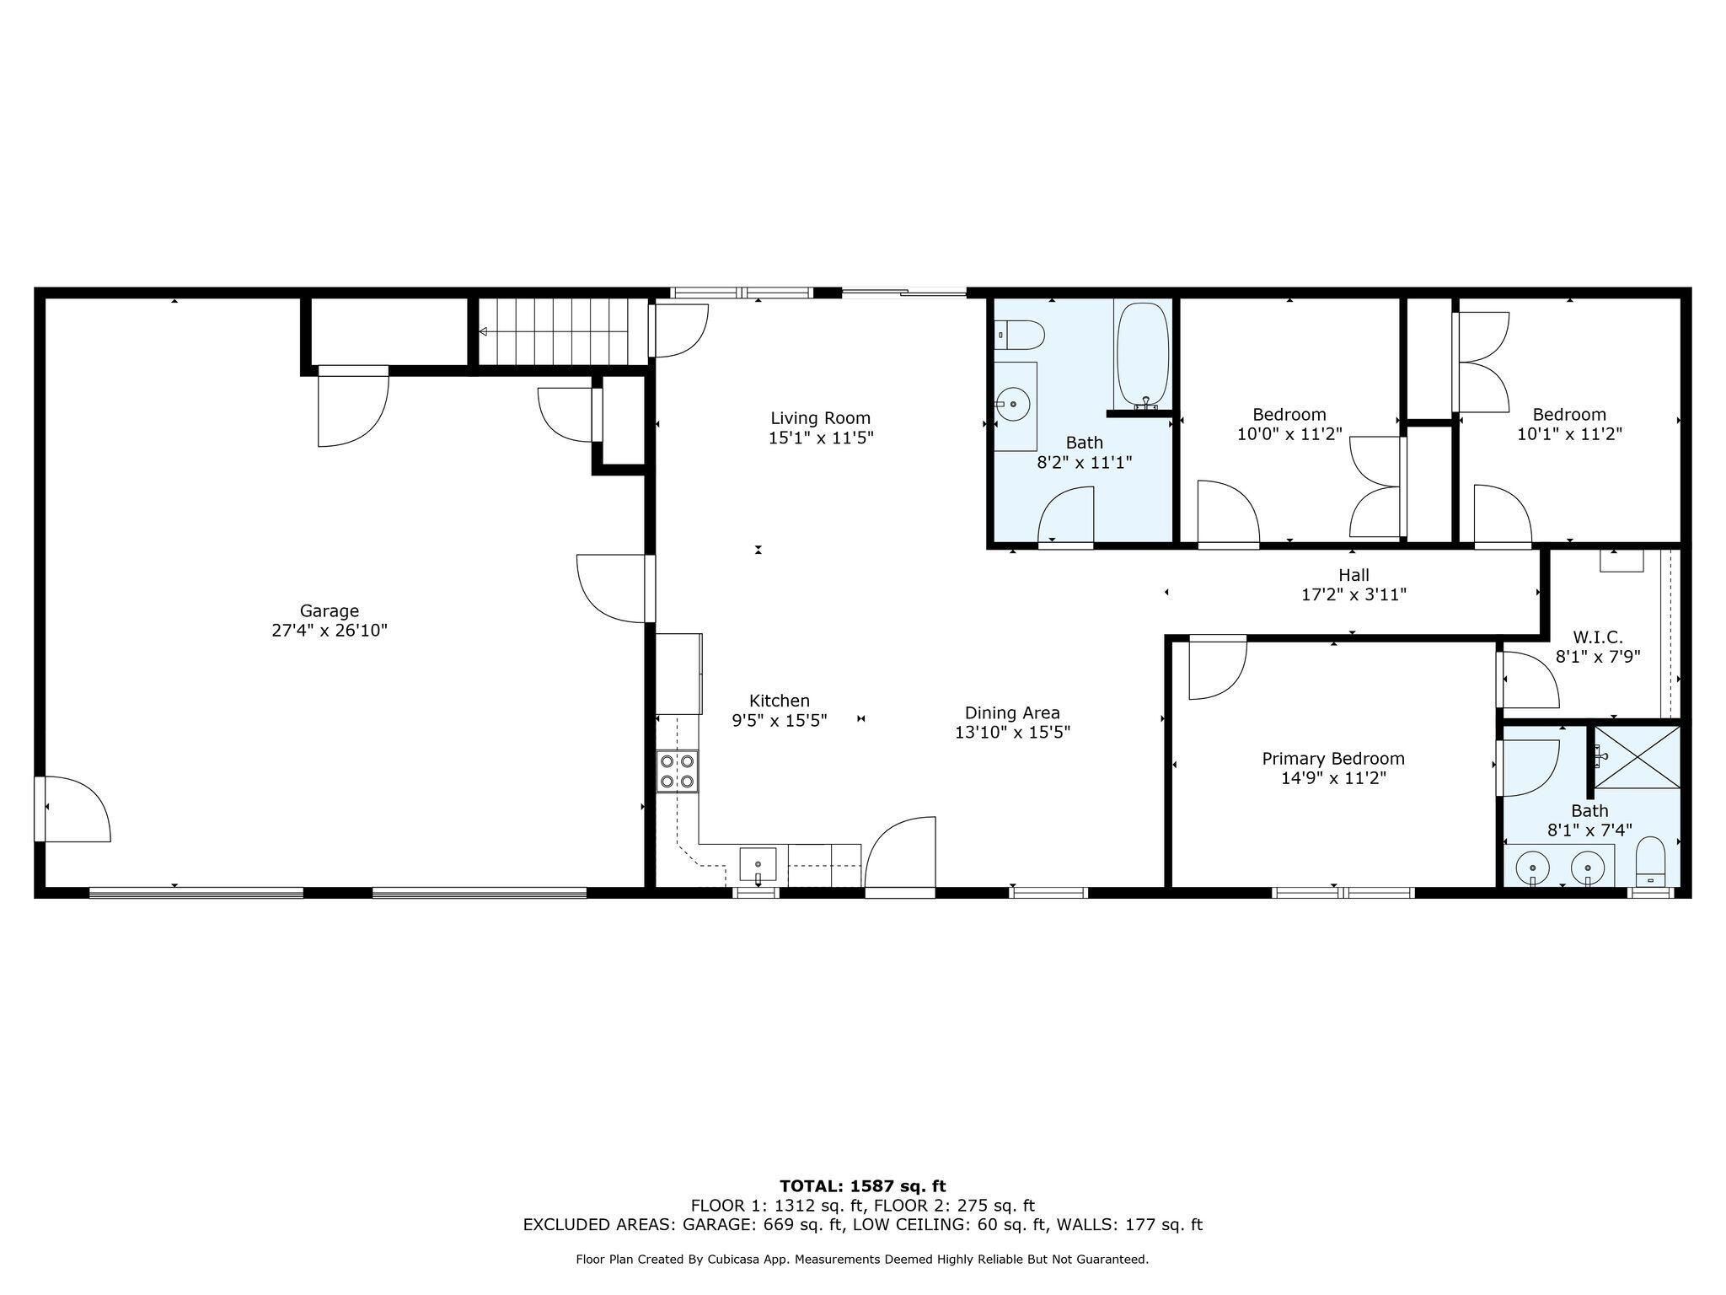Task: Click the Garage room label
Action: coord(330,610)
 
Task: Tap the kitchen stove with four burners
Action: coord(678,771)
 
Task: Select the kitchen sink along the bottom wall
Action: coord(758,865)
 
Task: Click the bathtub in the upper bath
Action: coord(1143,355)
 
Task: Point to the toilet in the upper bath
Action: coord(1021,335)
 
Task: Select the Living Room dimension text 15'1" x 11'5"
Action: coord(820,438)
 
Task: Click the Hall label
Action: coord(1353,575)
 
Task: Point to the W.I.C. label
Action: coord(1597,637)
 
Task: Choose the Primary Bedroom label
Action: coord(1332,759)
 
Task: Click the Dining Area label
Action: coord(1012,713)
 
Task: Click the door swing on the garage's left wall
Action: coord(74,809)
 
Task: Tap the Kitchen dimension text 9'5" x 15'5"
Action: coord(779,721)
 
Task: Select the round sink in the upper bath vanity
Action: coord(1013,406)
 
